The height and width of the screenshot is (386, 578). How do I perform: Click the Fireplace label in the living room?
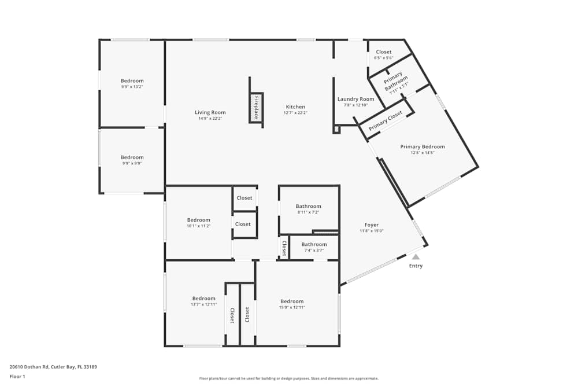(x=256, y=107)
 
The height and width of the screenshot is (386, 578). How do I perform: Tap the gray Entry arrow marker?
(x=416, y=256)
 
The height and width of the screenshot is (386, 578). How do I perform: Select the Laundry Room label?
(x=355, y=99)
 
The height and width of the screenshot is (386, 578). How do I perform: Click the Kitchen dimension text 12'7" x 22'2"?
(x=295, y=113)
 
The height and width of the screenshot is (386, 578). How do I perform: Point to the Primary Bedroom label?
(x=423, y=147)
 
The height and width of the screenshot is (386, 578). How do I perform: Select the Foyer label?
(x=372, y=225)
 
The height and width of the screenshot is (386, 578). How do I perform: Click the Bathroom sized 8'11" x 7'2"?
(x=308, y=207)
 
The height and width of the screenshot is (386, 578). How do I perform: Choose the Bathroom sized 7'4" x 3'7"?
(x=314, y=244)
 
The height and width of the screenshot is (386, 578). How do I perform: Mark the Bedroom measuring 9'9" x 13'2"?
(x=132, y=81)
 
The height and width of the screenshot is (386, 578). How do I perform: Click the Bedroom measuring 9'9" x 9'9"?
(x=132, y=157)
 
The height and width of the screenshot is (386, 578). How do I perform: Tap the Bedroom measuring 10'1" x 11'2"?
(x=198, y=220)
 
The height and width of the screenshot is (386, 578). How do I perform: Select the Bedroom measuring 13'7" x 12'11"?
(x=203, y=299)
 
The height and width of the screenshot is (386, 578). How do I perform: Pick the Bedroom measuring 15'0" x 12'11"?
(x=292, y=302)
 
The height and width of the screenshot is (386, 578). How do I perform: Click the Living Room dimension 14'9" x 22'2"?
(x=210, y=118)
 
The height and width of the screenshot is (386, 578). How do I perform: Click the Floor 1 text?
(x=17, y=376)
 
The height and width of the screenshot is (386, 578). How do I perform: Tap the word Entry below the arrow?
(x=416, y=266)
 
